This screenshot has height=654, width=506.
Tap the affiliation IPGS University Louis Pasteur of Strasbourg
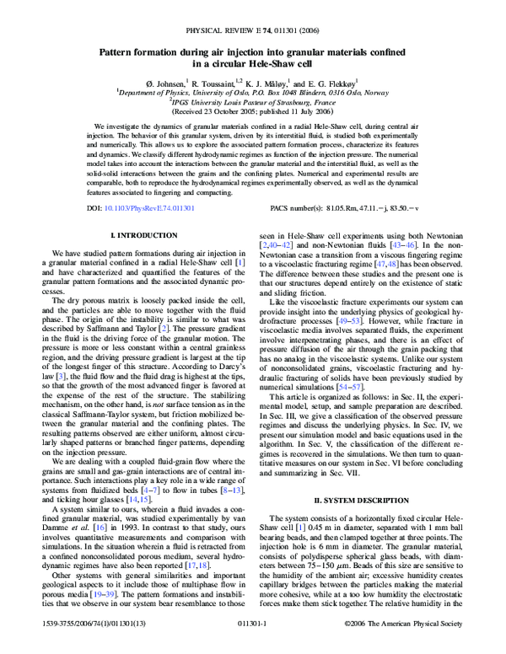point(253,102)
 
